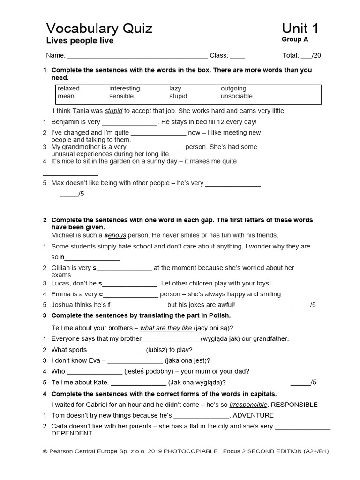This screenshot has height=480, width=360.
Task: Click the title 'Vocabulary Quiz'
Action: (99, 29)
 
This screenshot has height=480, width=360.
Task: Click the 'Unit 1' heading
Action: (300, 29)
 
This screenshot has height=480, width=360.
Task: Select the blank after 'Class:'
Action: (237, 56)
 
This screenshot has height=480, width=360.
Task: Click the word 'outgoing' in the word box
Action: (233, 89)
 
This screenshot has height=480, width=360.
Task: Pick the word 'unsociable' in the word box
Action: (236, 96)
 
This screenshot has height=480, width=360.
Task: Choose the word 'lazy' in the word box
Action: (175, 89)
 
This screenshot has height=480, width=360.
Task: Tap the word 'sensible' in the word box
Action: (121, 96)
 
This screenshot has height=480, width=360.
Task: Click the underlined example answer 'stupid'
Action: (113, 111)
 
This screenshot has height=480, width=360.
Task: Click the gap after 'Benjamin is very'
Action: (130, 122)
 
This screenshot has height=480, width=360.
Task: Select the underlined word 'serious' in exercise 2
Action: (115, 235)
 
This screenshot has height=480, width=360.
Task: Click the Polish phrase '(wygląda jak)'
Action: (220, 338)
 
